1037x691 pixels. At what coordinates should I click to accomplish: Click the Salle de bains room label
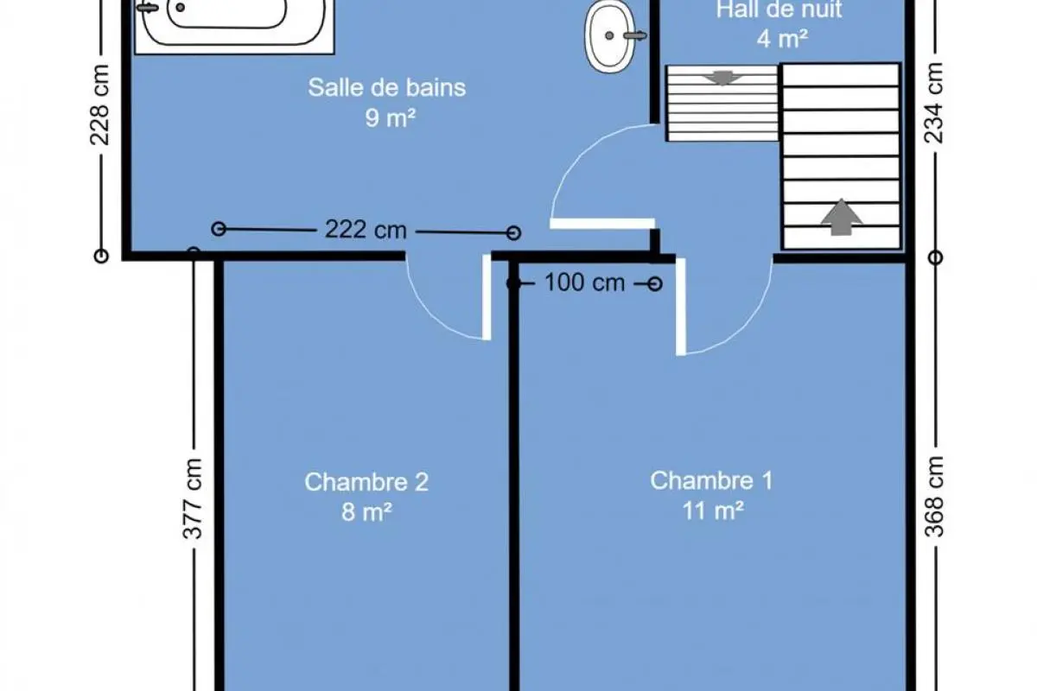tap(387, 87)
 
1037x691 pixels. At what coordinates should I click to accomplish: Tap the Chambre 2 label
tap(366, 482)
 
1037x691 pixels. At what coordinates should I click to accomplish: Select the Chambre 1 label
tap(711, 480)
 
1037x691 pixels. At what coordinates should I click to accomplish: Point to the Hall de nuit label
tap(779, 10)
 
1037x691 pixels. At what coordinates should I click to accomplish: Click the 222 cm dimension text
tap(366, 229)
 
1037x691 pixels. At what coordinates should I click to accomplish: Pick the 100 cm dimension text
tap(585, 282)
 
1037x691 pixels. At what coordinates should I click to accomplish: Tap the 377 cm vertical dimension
tap(193, 499)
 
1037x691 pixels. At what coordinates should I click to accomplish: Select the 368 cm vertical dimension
tap(934, 497)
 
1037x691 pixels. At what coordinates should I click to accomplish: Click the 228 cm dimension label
tap(99, 105)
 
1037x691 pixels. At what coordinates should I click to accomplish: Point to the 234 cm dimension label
tap(934, 103)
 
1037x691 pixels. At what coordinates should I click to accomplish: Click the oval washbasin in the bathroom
tap(610, 36)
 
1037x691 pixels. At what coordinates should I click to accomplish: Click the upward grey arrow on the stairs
tap(842, 217)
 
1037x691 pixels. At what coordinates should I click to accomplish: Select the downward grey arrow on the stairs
tap(722, 78)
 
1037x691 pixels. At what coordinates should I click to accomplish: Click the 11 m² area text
tap(713, 511)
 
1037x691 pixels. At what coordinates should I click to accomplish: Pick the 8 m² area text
tap(366, 512)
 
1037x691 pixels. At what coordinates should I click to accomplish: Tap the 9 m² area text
tap(390, 118)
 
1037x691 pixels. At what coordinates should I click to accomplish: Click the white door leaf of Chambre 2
tap(487, 296)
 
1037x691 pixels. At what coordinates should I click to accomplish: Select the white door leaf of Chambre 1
tap(681, 307)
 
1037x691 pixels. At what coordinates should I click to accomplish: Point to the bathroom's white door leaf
tap(602, 224)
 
